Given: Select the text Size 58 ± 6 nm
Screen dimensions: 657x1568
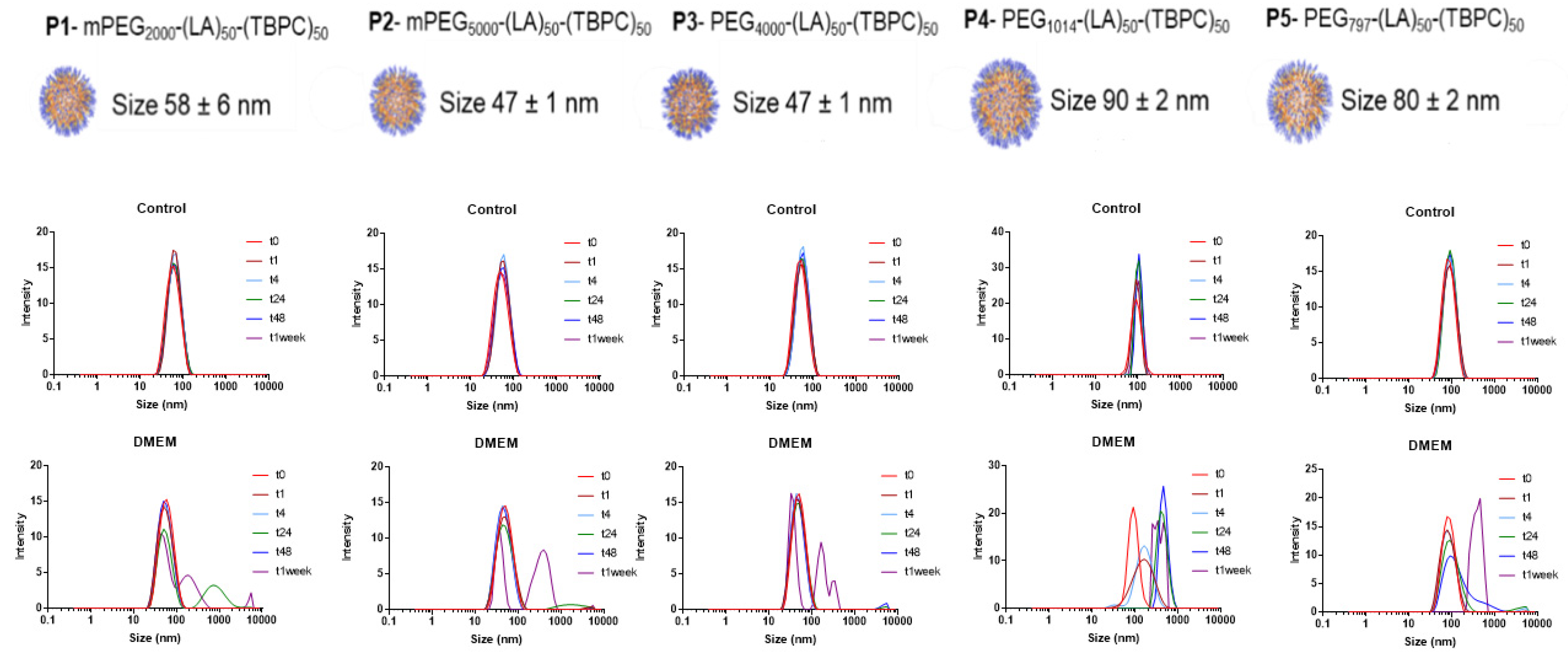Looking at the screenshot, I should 191,105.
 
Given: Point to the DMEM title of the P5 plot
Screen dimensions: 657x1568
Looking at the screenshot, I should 1429,446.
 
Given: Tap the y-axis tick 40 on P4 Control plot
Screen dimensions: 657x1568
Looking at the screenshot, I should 997,232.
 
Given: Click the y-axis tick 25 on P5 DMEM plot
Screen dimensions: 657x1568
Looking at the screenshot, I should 1311,469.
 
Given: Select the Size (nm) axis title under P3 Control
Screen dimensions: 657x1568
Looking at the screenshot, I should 791,405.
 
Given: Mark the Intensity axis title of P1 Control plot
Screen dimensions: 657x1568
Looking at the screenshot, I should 26,303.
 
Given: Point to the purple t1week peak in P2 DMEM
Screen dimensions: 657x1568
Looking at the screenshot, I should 543,552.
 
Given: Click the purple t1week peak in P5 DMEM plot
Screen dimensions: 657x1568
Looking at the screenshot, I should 1479,500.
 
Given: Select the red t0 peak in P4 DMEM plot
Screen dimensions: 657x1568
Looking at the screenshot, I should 1133,508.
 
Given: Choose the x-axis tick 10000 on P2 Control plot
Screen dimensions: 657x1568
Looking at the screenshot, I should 598,387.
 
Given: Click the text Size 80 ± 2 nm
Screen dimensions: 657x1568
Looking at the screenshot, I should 1420,101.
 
